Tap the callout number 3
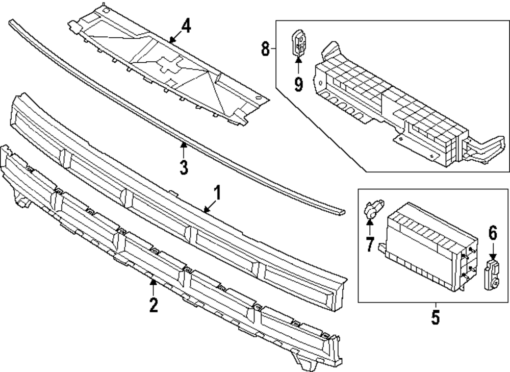pyautogui.click(x=184, y=166)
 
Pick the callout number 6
pyautogui.click(x=493, y=233)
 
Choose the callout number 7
pyautogui.click(x=370, y=244)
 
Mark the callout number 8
pyautogui.click(x=265, y=49)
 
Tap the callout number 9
pyautogui.click(x=298, y=84)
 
